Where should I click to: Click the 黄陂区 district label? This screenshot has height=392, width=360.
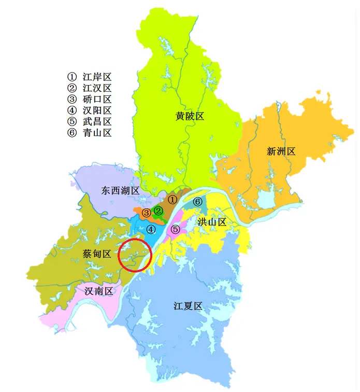click(x=190, y=116)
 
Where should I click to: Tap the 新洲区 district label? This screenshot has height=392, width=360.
click(x=281, y=151)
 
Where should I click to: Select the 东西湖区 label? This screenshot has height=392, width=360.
click(x=121, y=191)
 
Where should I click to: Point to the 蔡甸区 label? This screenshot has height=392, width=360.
click(x=97, y=254)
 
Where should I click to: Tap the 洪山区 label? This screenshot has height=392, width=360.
click(x=212, y=222)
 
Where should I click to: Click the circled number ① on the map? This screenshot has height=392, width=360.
click(x=173, y=199)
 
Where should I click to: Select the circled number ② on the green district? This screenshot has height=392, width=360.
click(x=159, y=211)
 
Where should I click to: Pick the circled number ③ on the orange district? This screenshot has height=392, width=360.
click(x=147, y=213)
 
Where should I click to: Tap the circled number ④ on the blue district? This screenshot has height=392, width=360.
click(x=150, y=229)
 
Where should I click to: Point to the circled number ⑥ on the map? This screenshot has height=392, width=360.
click(x=197, y=201)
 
